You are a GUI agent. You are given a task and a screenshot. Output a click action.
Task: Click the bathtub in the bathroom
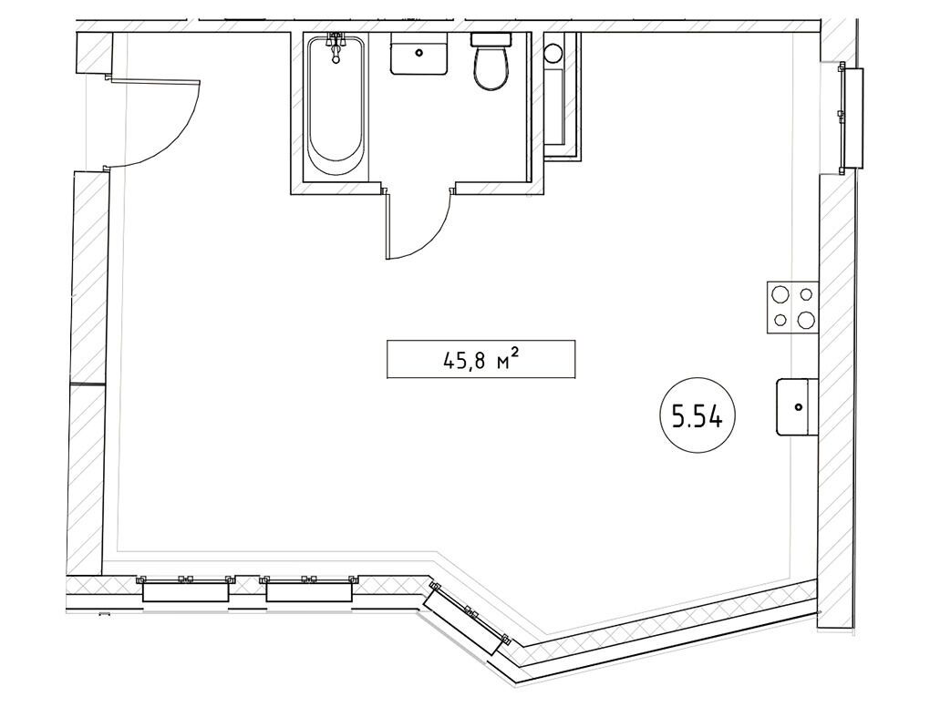click(x=336, y=107)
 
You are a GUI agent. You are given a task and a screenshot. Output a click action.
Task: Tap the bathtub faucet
click(x=336, y=47)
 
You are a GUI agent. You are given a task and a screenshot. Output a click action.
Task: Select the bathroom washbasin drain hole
click(x=419, y=54)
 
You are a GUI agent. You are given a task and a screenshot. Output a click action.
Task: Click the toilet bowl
click(x=491, y=68)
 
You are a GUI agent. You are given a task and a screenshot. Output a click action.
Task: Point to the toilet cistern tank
click(x=491, y=39)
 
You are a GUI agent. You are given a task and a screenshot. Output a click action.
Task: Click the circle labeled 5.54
click(x=697, y=417)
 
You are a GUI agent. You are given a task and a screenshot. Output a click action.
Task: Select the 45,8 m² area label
click(x=481, y=359)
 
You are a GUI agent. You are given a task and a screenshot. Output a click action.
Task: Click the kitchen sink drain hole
click(x=799, y=407)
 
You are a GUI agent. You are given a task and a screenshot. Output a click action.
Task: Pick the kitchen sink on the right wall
click(x=797, y=407)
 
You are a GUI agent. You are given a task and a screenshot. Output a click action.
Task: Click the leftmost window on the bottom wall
click(x=185, y=589)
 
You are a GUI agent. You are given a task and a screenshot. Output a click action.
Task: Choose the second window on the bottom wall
click(x=309, y=589)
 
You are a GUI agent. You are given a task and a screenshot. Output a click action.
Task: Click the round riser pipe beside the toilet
click(x=553, y=54)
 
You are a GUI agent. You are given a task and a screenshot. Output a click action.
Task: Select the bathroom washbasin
click(x=418, y=54)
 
